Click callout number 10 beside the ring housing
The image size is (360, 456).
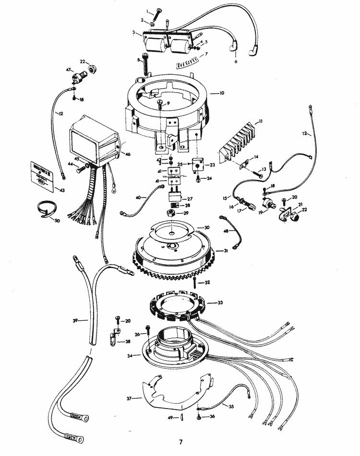click(221, 93)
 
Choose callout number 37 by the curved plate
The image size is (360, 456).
click(129, 398)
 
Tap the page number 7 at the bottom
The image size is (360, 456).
click(180, 441)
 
